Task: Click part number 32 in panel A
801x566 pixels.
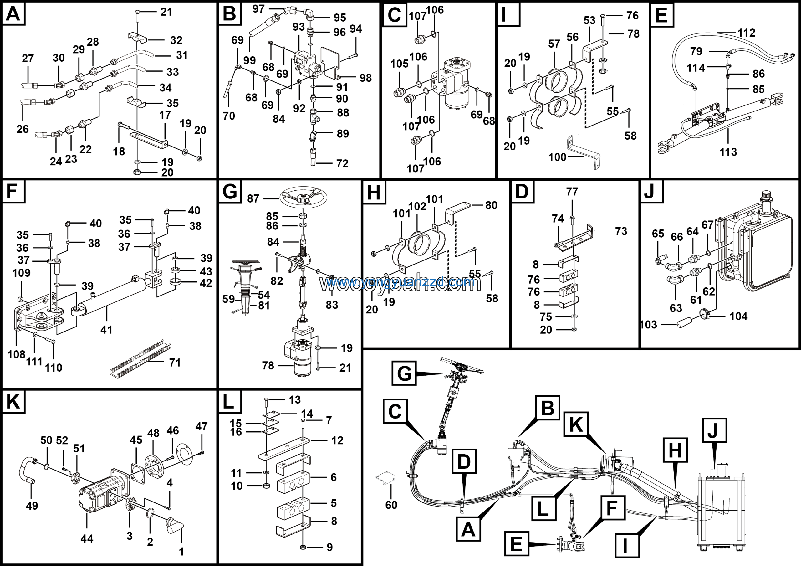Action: pyautogui.click(x=176, y=40)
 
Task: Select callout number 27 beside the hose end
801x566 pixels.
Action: pyautogui.click(x=28, y=58)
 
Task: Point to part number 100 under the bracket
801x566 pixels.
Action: pyautogui.click(x=557, y=157)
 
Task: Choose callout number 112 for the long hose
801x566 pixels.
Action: pyautogui.click(x=746, y=33)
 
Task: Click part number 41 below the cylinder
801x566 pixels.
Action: pyautogui.click(x=106, y=329)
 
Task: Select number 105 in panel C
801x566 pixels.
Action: pyautogui.click(x=399, y=64)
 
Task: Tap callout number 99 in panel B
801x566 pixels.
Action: pyautogui.click(x=249, y=60)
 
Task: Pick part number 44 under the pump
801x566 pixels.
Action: pyautogui.click(x=87, y=538)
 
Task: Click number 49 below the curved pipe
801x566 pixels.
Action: pyautogui.click(x=32, y=505)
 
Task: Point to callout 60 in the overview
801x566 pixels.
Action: pyautogui.click(x=391, y=505)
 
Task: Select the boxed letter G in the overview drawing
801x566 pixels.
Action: pyautogui.click(x=404, y=373)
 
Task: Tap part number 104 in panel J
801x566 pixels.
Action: pyautogui.click(x=738, y=316)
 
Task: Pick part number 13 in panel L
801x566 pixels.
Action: pyautogui.click(x=295, y=399)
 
